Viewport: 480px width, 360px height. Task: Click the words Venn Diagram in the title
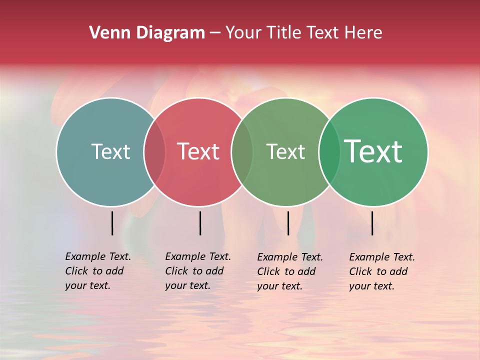[147, 33]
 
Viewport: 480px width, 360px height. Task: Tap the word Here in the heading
[363, 33]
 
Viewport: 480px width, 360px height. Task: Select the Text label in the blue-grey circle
[110, 151]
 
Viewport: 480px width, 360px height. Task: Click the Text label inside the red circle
[198, 151]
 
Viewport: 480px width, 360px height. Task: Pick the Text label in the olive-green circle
[285, 151]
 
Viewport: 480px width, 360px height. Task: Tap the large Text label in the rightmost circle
[373, 151]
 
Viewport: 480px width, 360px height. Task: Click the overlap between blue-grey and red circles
[154, 152]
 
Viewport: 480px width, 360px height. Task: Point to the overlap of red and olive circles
[242, 152]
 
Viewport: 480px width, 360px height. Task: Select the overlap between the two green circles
[329, 152]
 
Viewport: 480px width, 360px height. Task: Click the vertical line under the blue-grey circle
[112, 223]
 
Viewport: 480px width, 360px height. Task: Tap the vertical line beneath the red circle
[200, 223]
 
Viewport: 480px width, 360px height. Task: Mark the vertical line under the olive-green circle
[288, 223]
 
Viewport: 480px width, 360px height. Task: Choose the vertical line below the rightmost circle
[372, 223]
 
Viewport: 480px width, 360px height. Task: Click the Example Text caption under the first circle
[98, 271]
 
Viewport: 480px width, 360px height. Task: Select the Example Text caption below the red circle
[198, 271]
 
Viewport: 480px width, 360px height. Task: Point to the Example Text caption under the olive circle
[290, 271]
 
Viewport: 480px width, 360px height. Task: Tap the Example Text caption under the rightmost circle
[382, 271]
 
